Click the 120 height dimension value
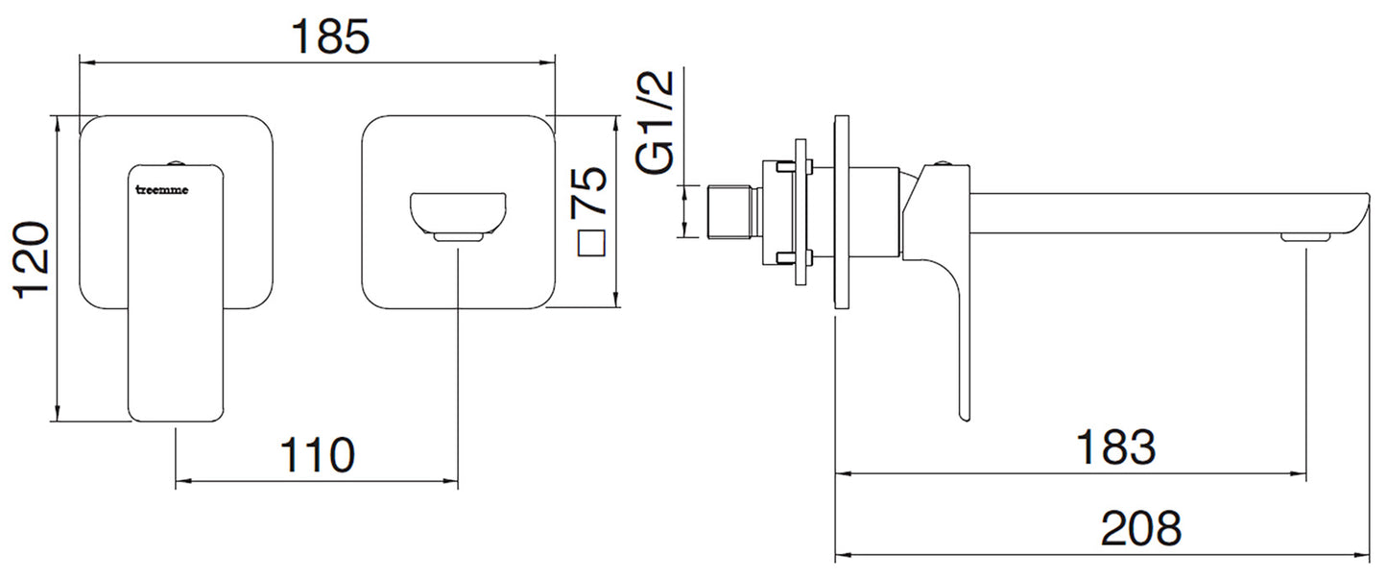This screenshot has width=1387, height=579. (33, 261)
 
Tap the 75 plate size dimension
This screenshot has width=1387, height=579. (589, 191)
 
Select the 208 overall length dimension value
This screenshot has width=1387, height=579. (1140, 528)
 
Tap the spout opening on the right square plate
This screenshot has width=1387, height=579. (459, 213)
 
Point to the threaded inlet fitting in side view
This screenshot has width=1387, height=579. (731, 212)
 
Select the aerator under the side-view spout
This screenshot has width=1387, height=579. (1305, 236)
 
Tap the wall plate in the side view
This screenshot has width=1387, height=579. (842, 212)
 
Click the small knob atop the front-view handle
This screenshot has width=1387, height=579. (178, 160)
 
